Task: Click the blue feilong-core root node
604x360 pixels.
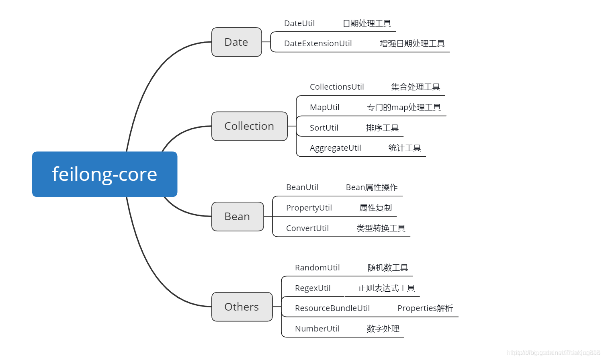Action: tap(104, 174)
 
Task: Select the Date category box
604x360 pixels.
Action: tap(236, 42)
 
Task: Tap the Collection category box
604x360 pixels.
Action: tap(249, 126)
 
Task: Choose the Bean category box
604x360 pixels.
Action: tap(237, 217)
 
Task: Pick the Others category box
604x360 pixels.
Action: tap(242, 307)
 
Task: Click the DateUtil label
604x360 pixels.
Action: tap(299, 23)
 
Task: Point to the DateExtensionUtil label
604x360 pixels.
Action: tap(317, 43)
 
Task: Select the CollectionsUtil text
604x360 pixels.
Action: tap(336, 87)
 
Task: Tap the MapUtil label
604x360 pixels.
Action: tap(324, 107)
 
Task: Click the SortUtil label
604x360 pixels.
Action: tap(323, 128)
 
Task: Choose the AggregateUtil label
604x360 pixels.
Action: tap(335, 148)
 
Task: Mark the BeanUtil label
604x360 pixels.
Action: tap(302, 187)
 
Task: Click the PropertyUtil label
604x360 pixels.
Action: tap(309, 208)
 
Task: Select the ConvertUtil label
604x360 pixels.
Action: tap(307, 228)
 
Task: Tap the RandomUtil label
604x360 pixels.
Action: tap(317, 268)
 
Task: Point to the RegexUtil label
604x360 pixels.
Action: tap(312, 288)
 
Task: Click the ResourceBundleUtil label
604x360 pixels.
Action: tap(332, 308)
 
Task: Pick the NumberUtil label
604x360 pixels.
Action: tap(317, 329)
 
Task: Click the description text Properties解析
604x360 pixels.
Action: tap(425, 308)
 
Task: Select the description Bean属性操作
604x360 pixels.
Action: tap(371, 187)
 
